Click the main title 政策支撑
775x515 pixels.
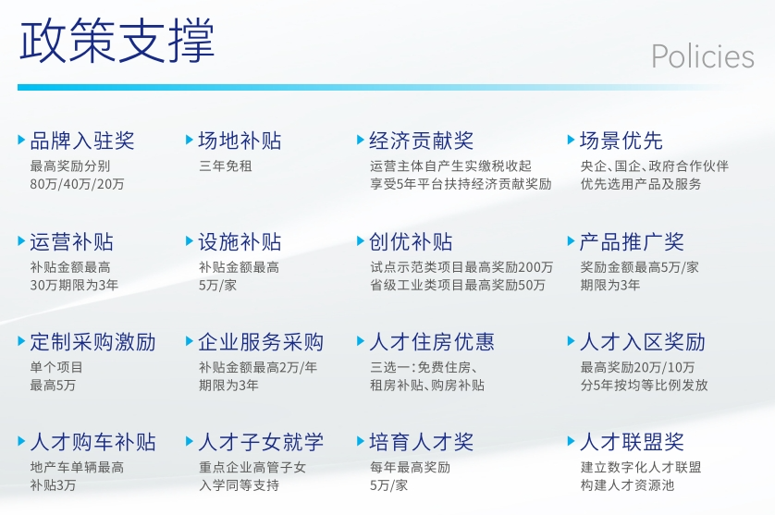117,41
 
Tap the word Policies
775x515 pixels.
702,56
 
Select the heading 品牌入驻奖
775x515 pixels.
82,141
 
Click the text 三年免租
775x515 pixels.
226,166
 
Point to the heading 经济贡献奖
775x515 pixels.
421,141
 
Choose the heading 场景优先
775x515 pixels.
621,141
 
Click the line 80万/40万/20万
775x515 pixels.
77,184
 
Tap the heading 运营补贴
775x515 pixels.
71,242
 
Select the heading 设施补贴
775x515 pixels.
240,242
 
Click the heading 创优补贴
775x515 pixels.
411,242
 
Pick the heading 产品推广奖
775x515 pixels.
632,242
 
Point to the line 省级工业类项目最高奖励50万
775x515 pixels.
458,285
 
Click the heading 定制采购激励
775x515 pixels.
92,342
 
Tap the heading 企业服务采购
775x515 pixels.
261,342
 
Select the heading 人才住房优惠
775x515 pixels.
432,342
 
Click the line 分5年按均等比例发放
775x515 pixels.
644,385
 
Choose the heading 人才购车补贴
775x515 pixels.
92,442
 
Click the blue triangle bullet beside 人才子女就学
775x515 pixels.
190,441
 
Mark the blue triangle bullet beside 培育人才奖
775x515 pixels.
361,441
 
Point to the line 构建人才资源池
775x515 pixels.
627,485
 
